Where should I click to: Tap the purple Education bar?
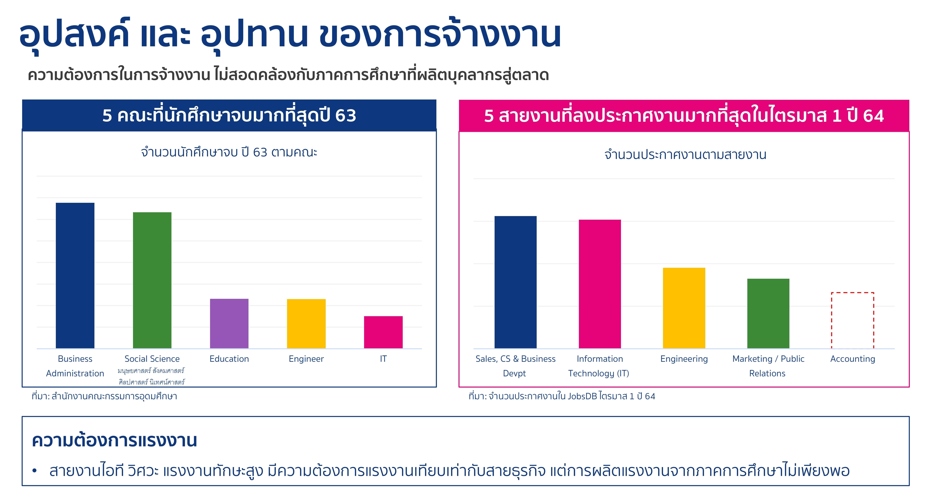(229, 323)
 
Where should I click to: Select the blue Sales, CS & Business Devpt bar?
(515, 282)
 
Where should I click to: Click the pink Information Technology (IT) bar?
(600, 284)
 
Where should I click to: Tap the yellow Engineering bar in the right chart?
(684, 308)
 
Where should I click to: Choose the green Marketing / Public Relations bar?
(768, 314)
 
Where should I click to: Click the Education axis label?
(229, 359)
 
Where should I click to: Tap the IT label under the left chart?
(383, 359)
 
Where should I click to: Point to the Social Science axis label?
(152, 359)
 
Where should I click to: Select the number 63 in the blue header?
(346, 116)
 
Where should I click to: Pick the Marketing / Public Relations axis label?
(768, 366)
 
